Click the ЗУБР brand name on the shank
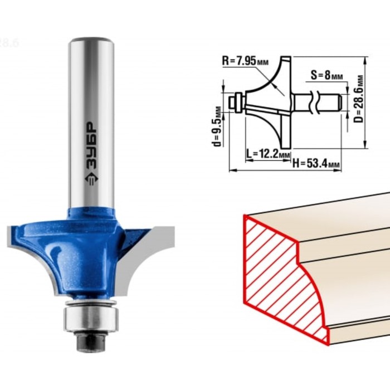91,145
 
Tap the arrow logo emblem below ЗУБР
91,179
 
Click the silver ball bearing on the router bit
90,319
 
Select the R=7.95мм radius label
245,61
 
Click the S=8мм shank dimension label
326,75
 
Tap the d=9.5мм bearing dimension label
217,126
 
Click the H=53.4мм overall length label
316,163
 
